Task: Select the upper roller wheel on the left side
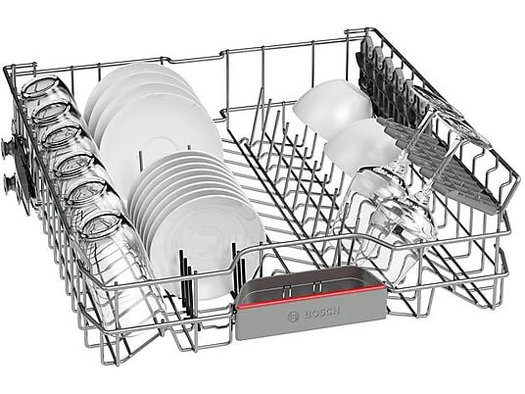coord(9,148)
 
